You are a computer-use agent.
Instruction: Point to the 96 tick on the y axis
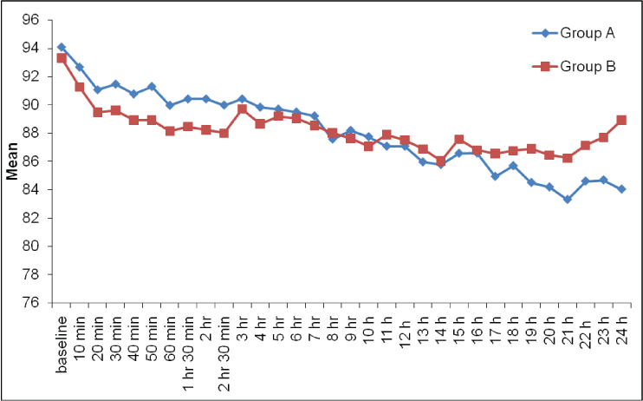coord(30,20)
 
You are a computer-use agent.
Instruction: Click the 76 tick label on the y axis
coord(30,303)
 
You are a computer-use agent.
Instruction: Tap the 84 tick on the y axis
coord(30,190)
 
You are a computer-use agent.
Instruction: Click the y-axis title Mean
coord(12,161)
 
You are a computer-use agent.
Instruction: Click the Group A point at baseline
coord(61,47)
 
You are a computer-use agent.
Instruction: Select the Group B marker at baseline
coord(61,58)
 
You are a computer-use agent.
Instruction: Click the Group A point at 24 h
coord(621,189)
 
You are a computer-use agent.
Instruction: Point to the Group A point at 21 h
coord(568,199)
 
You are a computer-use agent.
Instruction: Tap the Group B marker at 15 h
coord(458,140)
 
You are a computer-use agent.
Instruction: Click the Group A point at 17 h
coord(495,176)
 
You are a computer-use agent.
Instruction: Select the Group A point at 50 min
coord(152,87)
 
